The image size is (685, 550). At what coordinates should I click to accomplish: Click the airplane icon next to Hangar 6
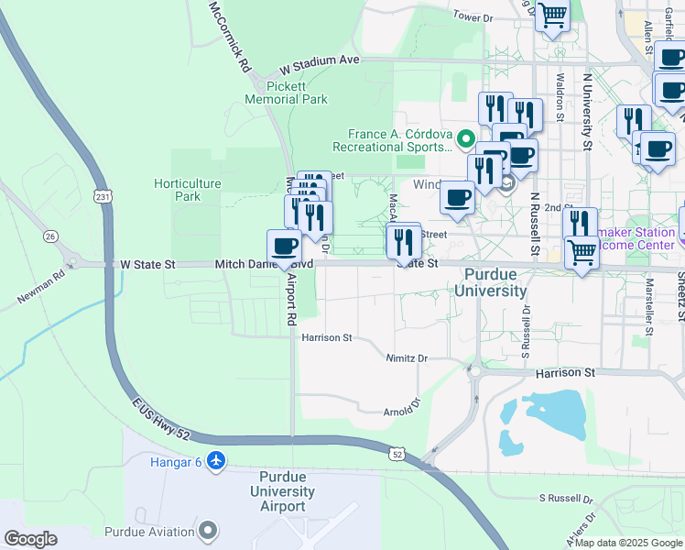(216, 461)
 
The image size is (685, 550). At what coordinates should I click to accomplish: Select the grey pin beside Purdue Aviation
(210, 531)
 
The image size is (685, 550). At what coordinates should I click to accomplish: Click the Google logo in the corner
(30, 539)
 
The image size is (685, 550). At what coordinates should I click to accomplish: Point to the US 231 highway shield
(102, 195)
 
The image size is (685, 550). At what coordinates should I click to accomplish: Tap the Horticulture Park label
(188, 190)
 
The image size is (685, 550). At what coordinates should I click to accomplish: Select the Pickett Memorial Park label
(286, 92)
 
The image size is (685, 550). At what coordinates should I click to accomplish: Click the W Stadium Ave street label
(320, 62)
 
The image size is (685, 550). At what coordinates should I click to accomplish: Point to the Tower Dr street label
(473, 17)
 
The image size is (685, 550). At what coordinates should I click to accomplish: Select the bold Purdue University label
(495, 282)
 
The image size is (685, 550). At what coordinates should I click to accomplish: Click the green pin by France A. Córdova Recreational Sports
(466, 140)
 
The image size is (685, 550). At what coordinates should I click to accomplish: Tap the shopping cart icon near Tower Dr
(552, 16)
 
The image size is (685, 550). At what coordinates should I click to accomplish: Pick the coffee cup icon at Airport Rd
(285, 246)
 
